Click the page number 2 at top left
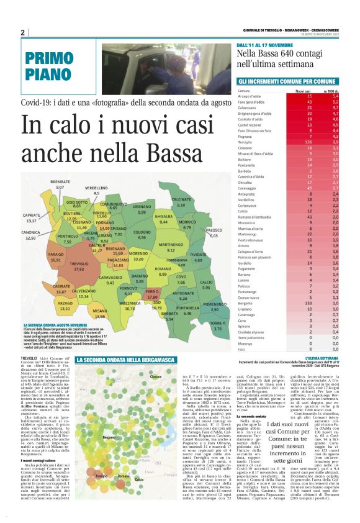(23, 32)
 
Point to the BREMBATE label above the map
(60, 181)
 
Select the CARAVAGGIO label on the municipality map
(110, 278)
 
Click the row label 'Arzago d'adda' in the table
(250, 96)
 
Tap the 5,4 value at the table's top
(335, 96)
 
